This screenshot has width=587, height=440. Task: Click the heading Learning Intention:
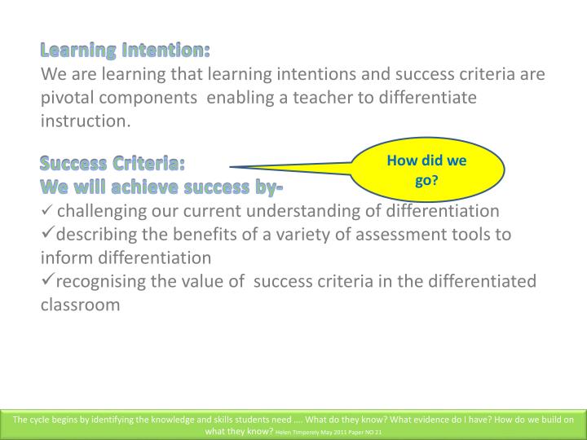(126, 51)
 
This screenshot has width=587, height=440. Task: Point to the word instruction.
(86, 121)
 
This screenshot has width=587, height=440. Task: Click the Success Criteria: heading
(113, 164)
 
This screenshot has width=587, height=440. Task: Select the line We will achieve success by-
(161, 187)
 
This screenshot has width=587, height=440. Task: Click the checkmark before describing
(47, 235)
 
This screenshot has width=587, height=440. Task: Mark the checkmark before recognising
(47, 281)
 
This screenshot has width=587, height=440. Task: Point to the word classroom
(80, 305)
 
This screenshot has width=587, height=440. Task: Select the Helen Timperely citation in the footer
(328, 431)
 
